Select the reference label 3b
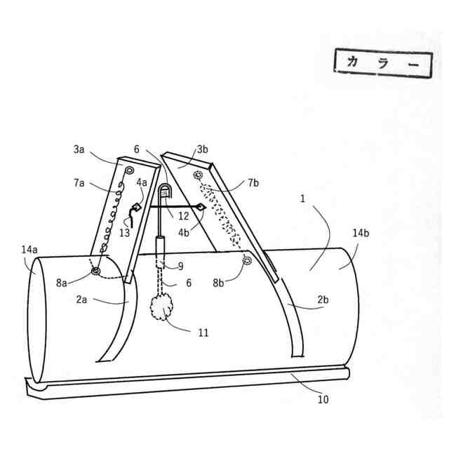[x=203, y=149]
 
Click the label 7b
[x=253, y=184]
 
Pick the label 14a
[x=29, y=249]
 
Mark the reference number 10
[x=323, y=400]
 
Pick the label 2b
[x=322, y=300]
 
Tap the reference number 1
[x=302, y=199]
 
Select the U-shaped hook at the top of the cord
[x=166, y=192]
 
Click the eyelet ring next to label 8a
[x=95, y=272]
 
